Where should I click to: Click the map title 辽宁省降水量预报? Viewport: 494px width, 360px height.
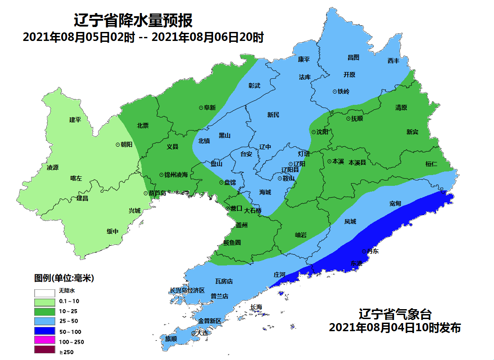[x=133, y=21]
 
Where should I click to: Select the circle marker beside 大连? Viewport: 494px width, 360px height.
[x=193, y=333]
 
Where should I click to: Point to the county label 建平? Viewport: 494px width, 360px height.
[x=75, y=120]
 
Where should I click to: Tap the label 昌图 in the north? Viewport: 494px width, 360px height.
[x=353, y=57]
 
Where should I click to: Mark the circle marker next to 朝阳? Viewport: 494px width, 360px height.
[x=118, y=144]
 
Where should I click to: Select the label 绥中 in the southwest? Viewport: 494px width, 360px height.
[x=112, y=231]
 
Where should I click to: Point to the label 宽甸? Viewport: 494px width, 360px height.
[x=395, y=204]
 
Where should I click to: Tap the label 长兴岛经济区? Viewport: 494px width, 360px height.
[x=187, y=291]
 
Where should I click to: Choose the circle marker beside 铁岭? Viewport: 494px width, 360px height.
[x=335, y=91]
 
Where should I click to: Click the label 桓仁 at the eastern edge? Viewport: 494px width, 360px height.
[x=431, y=164]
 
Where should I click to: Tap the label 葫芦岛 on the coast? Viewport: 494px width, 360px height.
[x=157, y=193]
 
